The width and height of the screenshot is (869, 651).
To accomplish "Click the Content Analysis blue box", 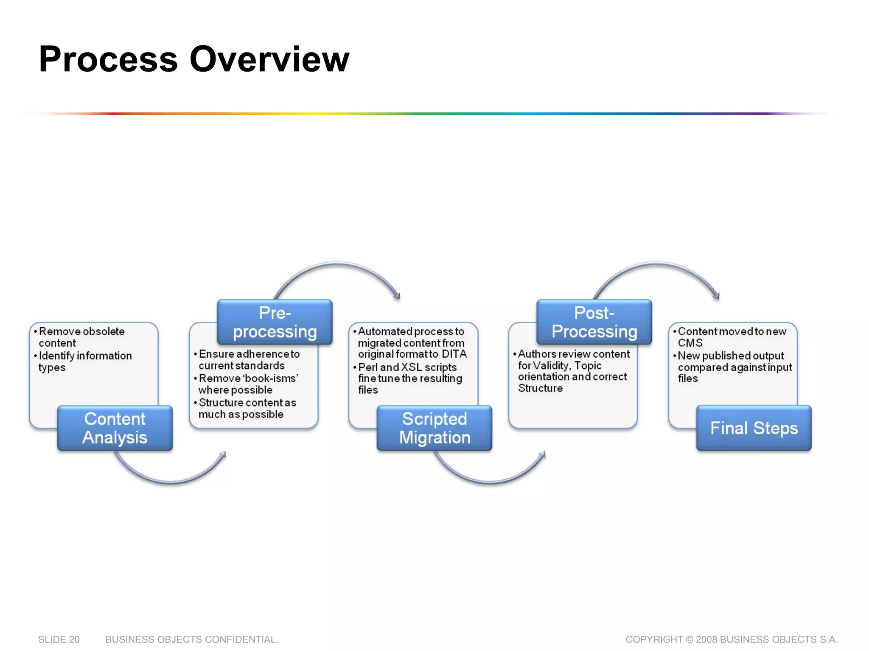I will (x=115, y=428).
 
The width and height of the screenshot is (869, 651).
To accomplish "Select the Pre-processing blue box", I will (x=275, y=322).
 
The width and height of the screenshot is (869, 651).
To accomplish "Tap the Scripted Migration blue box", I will (x=434, y=428).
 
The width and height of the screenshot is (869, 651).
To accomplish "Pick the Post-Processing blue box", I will (x=594, y=322).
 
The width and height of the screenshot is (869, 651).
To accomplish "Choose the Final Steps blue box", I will (x=754, y=428).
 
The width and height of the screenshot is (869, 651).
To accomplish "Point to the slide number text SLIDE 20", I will (x=59, y=639).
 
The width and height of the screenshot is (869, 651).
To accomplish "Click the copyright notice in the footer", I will (x=732, y=639).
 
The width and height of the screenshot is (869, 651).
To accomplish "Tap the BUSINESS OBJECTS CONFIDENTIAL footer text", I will (x=192, y=639).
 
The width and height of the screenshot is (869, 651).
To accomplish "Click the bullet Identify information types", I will (x=85, y=361).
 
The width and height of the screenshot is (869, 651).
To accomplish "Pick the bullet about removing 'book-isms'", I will (x=248, y=384).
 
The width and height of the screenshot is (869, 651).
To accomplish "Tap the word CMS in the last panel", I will (x=690, y=343).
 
